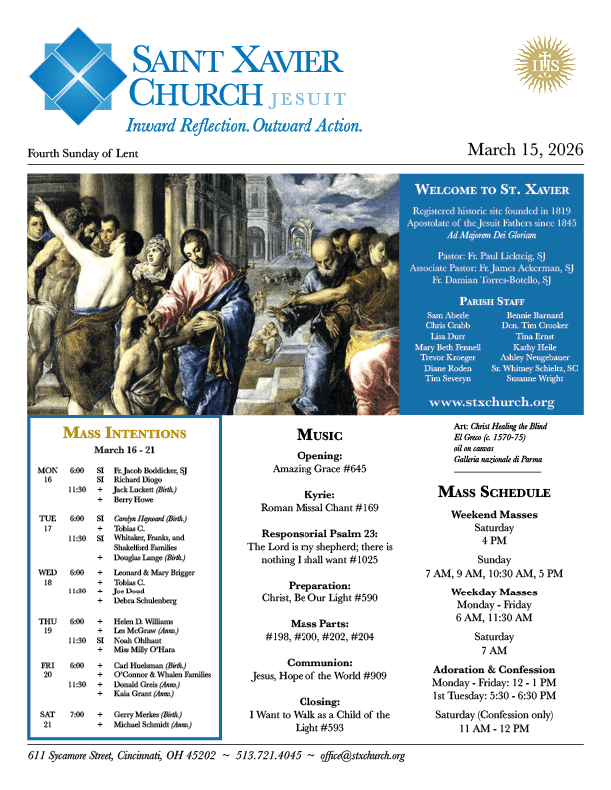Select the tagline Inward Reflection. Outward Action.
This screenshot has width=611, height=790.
click(244, 126)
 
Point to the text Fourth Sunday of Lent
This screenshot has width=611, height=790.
click(83, 154)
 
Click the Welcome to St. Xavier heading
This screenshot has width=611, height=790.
click(492, 189)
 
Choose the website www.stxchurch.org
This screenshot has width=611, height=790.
click(491, 402)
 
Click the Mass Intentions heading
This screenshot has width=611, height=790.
click(124, 433)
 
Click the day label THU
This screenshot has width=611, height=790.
click(47, 620)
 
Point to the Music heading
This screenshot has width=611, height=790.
click(320, 435)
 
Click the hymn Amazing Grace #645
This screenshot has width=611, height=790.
click(320, 468)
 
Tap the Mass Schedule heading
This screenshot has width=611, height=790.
click(493, 492)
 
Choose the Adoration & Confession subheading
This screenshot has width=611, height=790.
click(493, 669)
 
